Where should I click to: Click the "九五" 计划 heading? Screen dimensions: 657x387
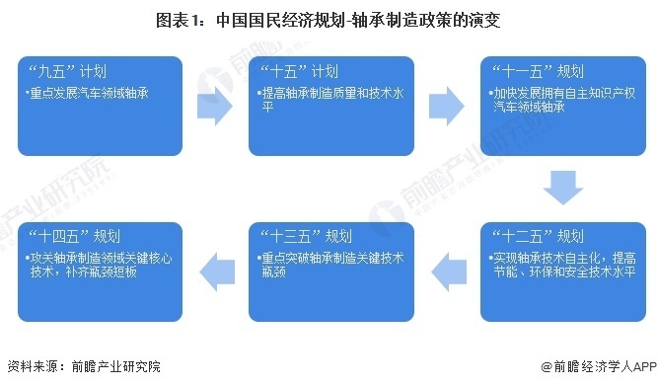point(66,71)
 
